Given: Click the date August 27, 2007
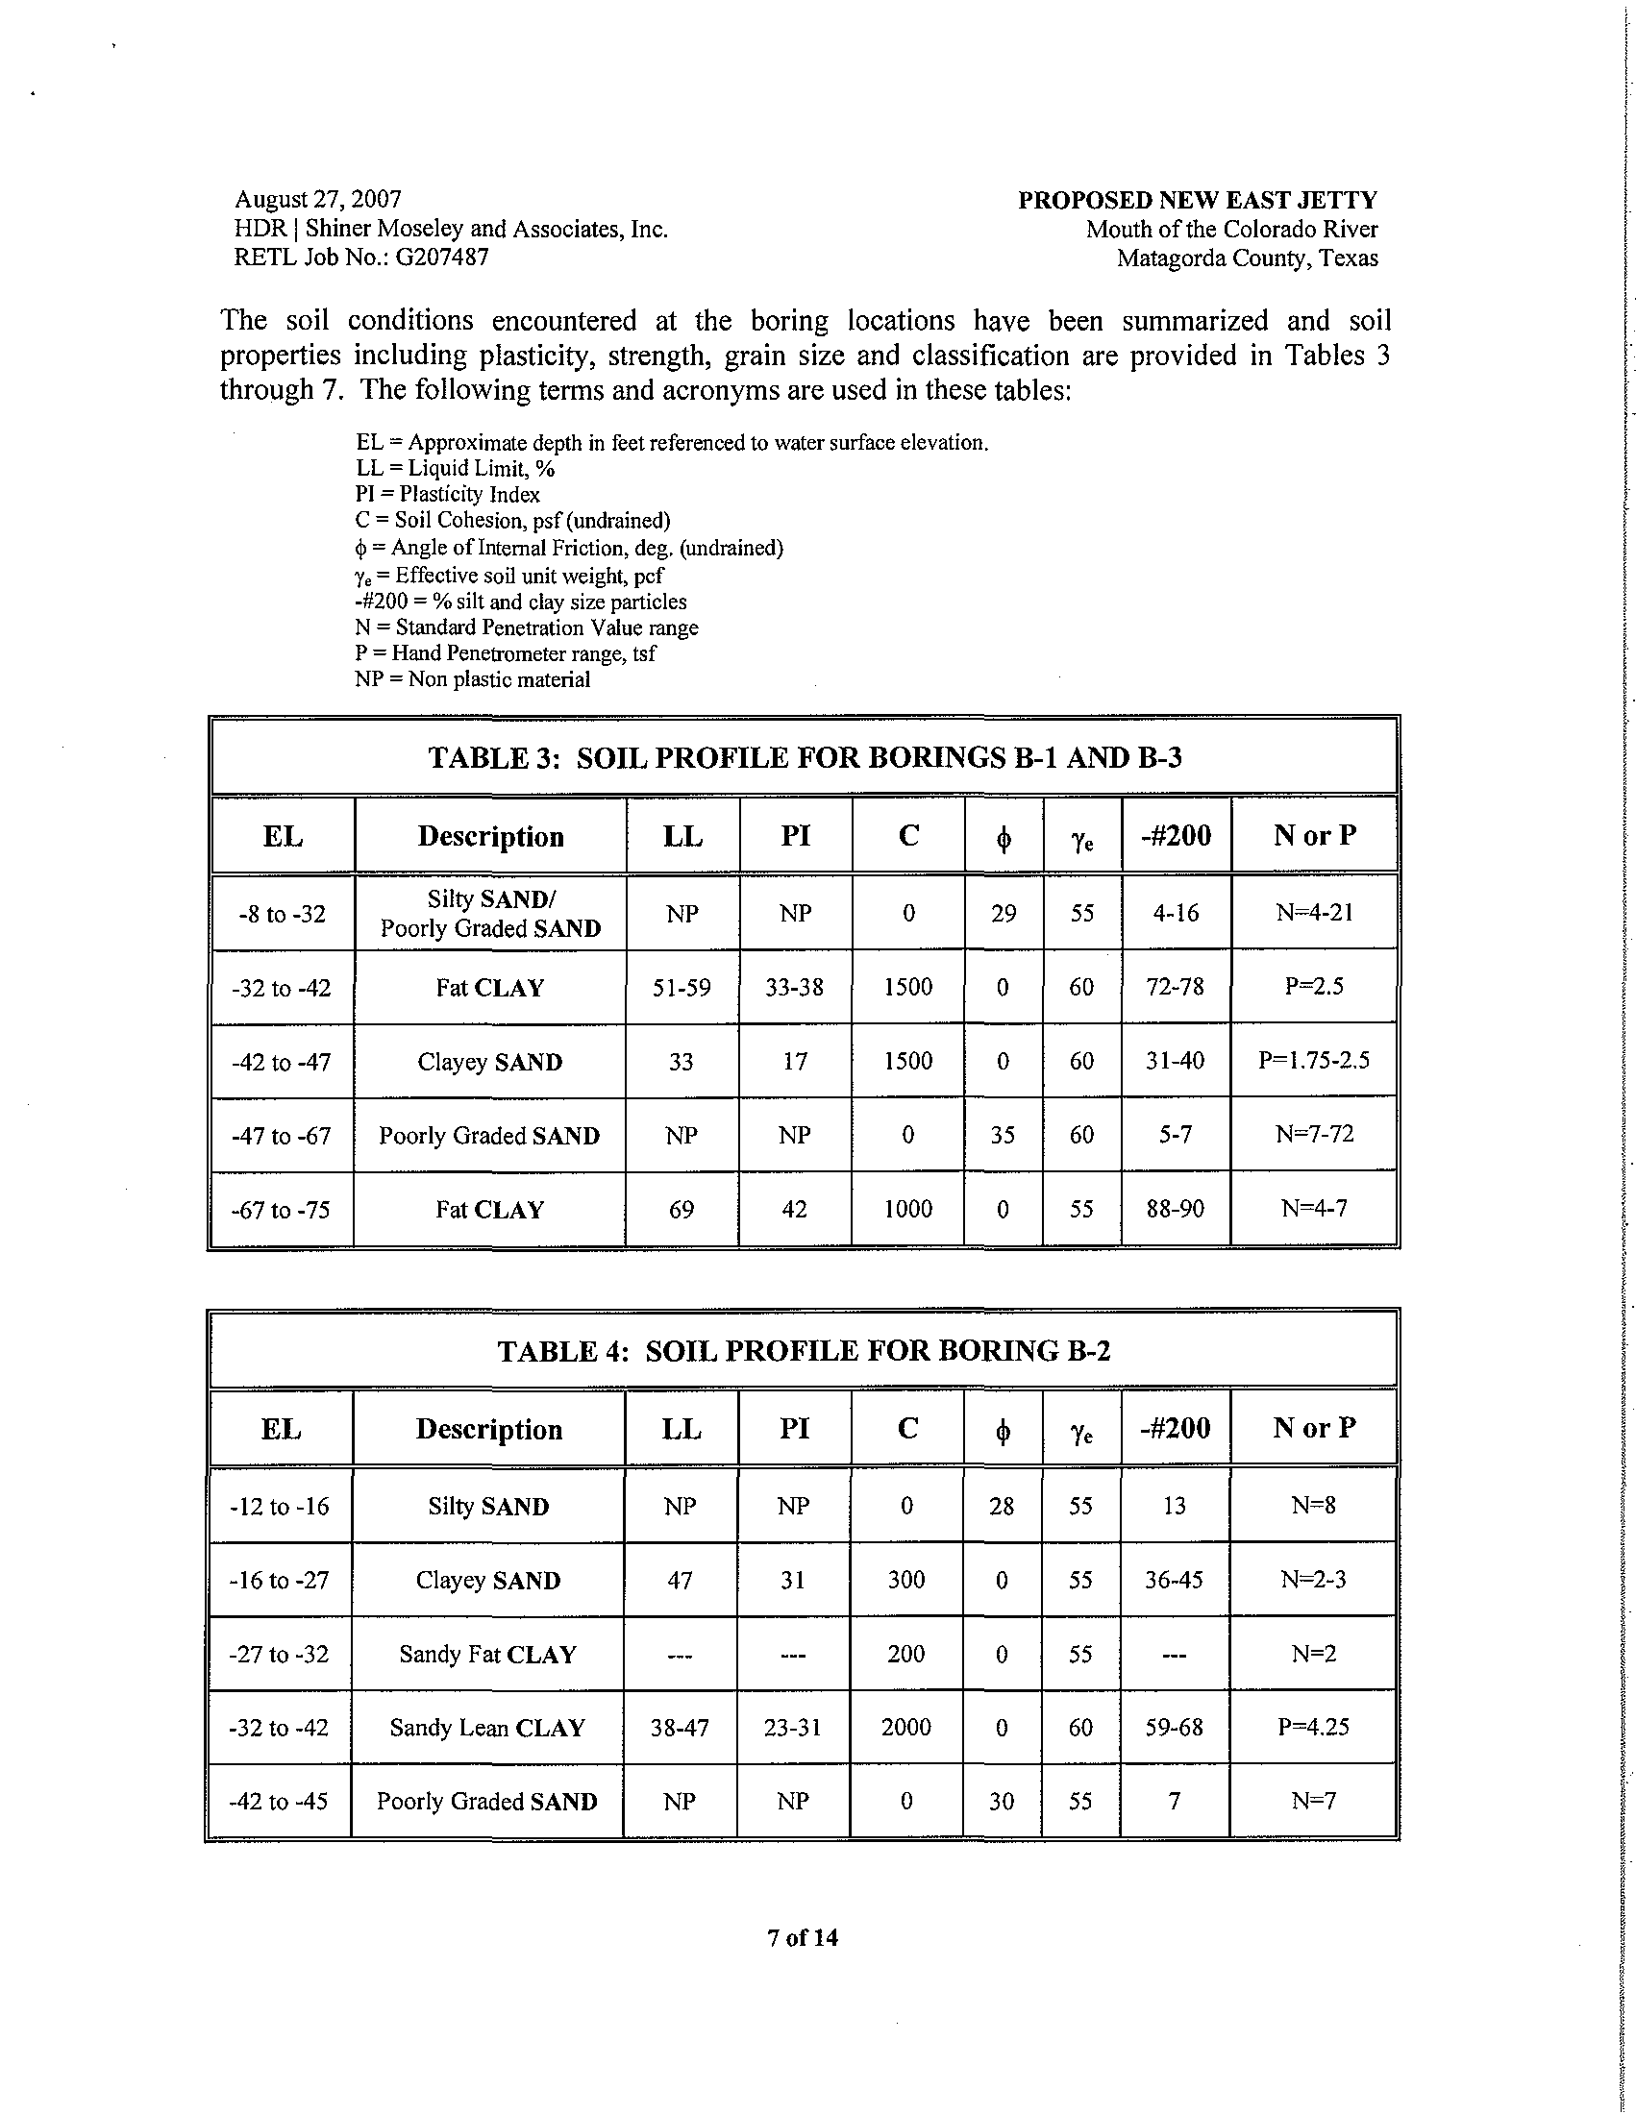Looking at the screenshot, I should pos(317,200).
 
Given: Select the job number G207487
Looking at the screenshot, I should pos(441,258).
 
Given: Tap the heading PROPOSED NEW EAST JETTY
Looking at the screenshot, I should pos(1198,201).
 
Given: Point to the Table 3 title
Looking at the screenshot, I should pos(805,757).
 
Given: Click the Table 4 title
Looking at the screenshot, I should pos(804,1350).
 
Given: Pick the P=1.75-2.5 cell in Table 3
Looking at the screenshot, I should pos(1314,1061).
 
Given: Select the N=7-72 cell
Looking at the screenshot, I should pos(1314,1135).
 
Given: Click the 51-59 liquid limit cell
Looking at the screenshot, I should pos(682,987).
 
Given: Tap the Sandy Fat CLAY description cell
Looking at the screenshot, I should pos(488,1655).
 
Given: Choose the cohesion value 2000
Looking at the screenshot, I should pos(906,1728).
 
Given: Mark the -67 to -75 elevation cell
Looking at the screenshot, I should pos(281,1210).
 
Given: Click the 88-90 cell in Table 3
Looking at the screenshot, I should pos(1176,1209).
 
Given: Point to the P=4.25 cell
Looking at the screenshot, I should pos(1313,1728).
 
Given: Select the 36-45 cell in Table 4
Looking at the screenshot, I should pos(1175,1580).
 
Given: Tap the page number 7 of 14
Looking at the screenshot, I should pos(803,1938).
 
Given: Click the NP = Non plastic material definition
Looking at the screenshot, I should pos(472,679).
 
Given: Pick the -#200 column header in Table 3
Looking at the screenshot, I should pos(1177,835).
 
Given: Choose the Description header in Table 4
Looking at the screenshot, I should pos(489,1429).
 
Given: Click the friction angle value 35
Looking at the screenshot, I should pos(1003,1135).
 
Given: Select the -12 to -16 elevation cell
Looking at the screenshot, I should pos(279,1506).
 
